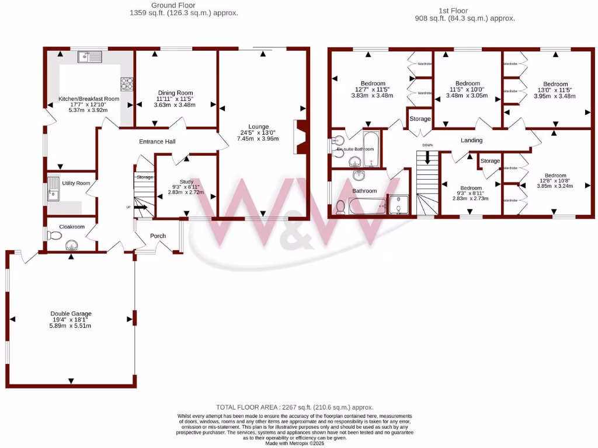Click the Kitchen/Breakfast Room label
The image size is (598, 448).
click(x=89, y=99)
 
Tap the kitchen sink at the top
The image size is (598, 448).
click(x=90, y=57)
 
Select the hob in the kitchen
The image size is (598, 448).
click(x=127, y=85)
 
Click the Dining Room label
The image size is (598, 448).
click(x=175, y=93)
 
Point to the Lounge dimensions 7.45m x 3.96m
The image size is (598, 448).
click(x=258, y=138)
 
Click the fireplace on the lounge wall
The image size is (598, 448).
click(x=301, y=137)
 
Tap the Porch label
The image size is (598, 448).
click(x=158, y=236)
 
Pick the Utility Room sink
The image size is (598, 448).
click(x=53, y=195)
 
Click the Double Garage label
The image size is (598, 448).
click(x=71, y=313)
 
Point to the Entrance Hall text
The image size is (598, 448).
click(x=157, y=142)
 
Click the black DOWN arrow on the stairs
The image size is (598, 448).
click(x=429, y=157)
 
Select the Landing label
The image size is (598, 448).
click(x=471, y=140)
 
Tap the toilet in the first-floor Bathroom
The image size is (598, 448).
click(x=340, y=206)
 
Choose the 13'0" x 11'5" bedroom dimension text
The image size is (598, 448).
click(x=555, y=90)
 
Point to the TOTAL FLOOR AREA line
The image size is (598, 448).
click(x=294, y=407)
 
